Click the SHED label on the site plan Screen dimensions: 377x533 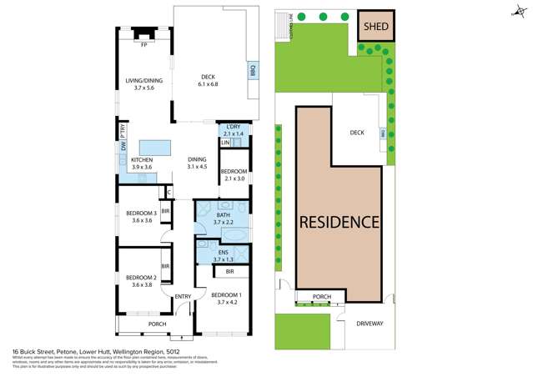tap(373, 26)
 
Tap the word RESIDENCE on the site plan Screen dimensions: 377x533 tap(339, 223)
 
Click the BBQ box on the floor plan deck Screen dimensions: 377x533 tap(253, 73)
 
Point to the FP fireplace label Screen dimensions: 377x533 tap(144, 44)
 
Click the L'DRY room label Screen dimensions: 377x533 tap(231, 129)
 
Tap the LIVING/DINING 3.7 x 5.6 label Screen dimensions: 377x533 tap(143, 84)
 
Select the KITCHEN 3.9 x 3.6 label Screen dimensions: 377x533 tap(141, 163)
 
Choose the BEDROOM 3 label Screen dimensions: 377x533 tap(140, 217)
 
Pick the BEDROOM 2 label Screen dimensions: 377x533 tap(140, 281)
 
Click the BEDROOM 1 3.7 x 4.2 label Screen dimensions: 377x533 tap(224, 299)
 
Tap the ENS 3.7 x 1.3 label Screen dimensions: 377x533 tap(224, 254)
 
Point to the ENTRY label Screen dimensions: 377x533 tap(183, 296)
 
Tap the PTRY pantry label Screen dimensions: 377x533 tap(123, 133)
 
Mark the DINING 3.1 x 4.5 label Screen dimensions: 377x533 tap(197, 163)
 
